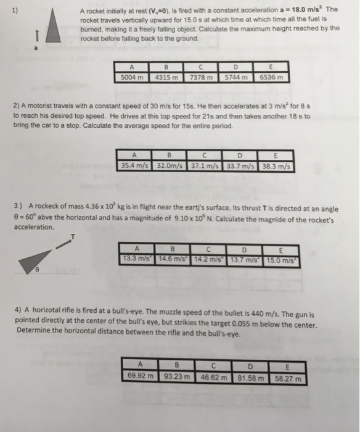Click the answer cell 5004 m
[131, 78]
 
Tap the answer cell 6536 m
[271, 78]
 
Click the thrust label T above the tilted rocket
[72, 236]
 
